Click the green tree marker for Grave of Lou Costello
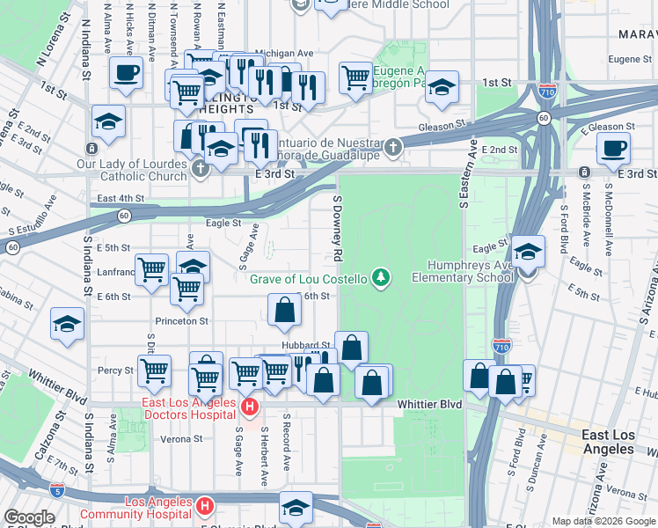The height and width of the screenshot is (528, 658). [x=381, y=279]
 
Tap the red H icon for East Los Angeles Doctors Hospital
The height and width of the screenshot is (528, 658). [x=249, y=407]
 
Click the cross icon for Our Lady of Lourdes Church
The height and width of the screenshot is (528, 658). [x=201, y=167]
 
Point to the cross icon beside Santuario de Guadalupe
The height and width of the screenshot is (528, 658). [x=393, y=148]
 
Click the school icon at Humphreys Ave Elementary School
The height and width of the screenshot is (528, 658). [x=527, y=253]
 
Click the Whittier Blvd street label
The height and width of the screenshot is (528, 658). [x=429, y=403]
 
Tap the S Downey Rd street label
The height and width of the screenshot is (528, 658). [x=337, y=227]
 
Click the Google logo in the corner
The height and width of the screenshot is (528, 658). [x=30, y=517]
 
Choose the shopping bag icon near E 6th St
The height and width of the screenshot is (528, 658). [x=284, y=311]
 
